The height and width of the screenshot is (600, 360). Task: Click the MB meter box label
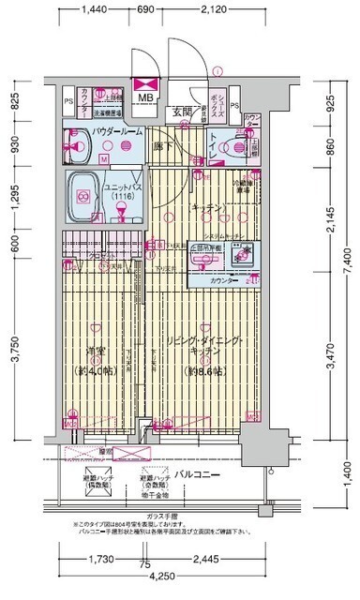tap(147, 97)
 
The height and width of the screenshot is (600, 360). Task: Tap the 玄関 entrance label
tap(182, 112)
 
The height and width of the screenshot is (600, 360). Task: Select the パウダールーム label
tap(116, 132)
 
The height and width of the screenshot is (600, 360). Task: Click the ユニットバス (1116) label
tap(120, 191)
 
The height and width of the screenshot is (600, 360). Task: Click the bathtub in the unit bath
tap(83, 196)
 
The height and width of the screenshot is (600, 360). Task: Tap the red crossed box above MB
tap(147, 82)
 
